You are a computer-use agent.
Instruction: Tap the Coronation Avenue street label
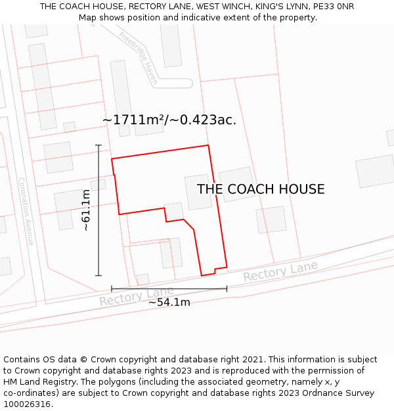click(26, 211)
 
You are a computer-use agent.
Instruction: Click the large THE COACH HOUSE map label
click(261, 189)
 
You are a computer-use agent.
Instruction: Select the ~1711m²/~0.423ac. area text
click(169, 120)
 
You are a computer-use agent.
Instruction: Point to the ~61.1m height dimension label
click(85, 210)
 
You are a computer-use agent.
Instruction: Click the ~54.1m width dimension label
click(169, 302)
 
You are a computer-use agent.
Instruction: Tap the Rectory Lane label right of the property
click(280, 271)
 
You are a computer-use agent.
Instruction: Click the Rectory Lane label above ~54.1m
click(137, 296)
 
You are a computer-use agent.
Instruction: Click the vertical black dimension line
click(98, 210)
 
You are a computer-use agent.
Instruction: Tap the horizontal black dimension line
click(169, 288)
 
